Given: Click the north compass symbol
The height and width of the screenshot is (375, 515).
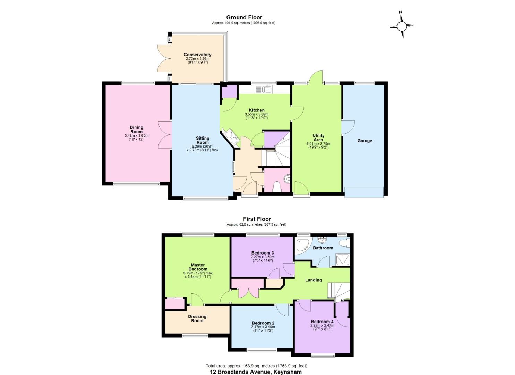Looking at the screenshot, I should click(x=402, y=26).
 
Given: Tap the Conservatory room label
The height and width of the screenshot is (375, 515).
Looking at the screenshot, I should click(x=197, y=55).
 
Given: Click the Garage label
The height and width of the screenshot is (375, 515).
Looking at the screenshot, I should click(x=364, y=141).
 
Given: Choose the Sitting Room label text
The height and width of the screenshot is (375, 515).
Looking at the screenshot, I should click(x=203, y=140).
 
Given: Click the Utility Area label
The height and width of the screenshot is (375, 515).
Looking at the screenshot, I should click(x=318, y=137).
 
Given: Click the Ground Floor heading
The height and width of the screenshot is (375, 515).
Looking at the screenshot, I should click(x=244, y=17).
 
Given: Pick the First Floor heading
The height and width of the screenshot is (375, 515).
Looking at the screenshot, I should click(x=257, y=219).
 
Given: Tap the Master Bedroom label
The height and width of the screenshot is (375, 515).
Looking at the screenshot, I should click(x=198, y=267).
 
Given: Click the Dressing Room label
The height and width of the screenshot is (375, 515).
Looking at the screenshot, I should click(x=197, y=318).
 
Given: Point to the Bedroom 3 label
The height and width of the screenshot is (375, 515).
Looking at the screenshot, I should click(x=263, y=253).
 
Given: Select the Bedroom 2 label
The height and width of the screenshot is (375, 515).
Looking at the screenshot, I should click(x=263, y=323).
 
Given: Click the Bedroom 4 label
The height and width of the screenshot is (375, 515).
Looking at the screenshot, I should click(x=322, y=322).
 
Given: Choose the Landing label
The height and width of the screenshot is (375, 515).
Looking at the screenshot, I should click(x=314, y=280).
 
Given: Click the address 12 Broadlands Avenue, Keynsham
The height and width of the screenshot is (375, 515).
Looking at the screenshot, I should click(x=256, y=372).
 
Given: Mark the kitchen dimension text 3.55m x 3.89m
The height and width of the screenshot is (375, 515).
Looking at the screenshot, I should click(x=257, y=114).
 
